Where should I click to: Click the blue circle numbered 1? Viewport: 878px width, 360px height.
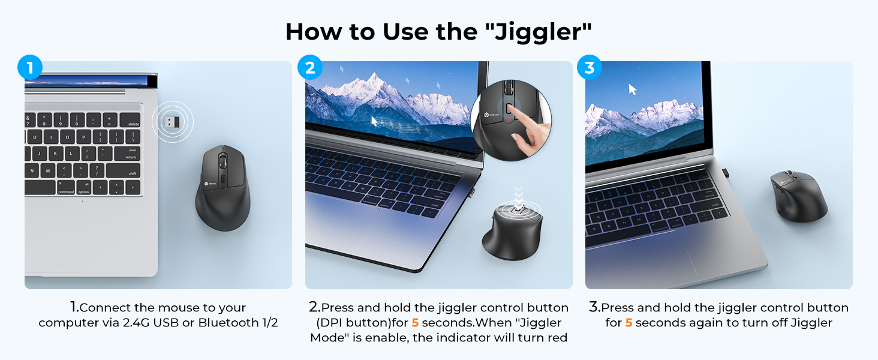(30, 67)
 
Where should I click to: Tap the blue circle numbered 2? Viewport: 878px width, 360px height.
(309, 67)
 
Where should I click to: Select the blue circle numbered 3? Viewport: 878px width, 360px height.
(590, 67)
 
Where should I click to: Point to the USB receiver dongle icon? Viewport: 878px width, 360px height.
(173, 122)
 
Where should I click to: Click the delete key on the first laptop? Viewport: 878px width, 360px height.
(130, 121)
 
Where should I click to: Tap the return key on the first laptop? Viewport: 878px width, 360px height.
(127, 154)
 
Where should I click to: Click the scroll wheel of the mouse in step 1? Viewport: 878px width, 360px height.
(222, 161)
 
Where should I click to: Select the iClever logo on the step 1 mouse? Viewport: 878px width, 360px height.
(210, 184)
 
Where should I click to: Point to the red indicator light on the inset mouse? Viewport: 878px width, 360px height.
(509, 121)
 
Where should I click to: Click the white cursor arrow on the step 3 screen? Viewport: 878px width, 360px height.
(632, 89)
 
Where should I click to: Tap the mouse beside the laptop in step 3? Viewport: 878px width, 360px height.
(798, 196)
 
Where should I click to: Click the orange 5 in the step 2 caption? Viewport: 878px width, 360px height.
(415, 323)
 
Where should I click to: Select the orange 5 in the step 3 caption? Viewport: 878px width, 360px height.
(629, 323)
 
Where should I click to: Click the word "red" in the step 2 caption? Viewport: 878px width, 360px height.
(557, 338)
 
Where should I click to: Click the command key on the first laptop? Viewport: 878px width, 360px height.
(65, 188)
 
